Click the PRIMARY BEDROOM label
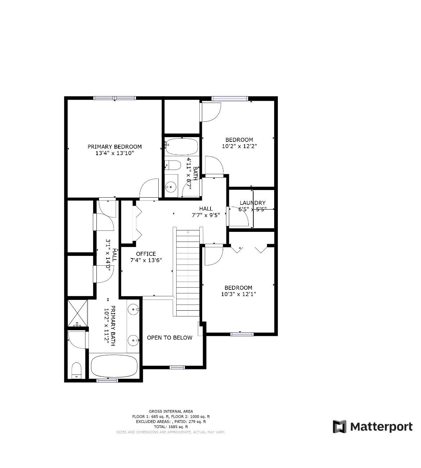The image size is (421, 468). [x=114, y=147]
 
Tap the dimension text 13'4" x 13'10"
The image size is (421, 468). [x=114, y=153]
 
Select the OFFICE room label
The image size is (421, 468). [x=146, y=254]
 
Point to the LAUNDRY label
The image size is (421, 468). [x=253, y=203]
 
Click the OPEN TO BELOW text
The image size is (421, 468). [x=169, y=338]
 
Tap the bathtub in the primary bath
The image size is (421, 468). [x=114, y=366]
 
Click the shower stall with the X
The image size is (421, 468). [x=77, y=313]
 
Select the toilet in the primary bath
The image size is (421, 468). [x=76, y=370]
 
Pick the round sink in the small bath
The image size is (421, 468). [x=171, y=187]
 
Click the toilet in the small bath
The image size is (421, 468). [x=173, y=165]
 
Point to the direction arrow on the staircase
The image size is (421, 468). [x=188, y=232]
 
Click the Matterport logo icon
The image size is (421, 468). [x=339, y=427]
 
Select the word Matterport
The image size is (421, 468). [x=381, y=427]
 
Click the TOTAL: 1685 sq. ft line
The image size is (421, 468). [x=171, y=427]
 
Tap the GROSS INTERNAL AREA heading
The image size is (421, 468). [x=171, y=411]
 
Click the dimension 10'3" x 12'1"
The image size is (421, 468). [x=239, y=294]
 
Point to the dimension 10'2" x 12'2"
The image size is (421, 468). [x=239, y=146]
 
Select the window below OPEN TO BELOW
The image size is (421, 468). [x=177, y=368]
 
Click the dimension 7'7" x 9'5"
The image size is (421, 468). [x=206, y=215]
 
